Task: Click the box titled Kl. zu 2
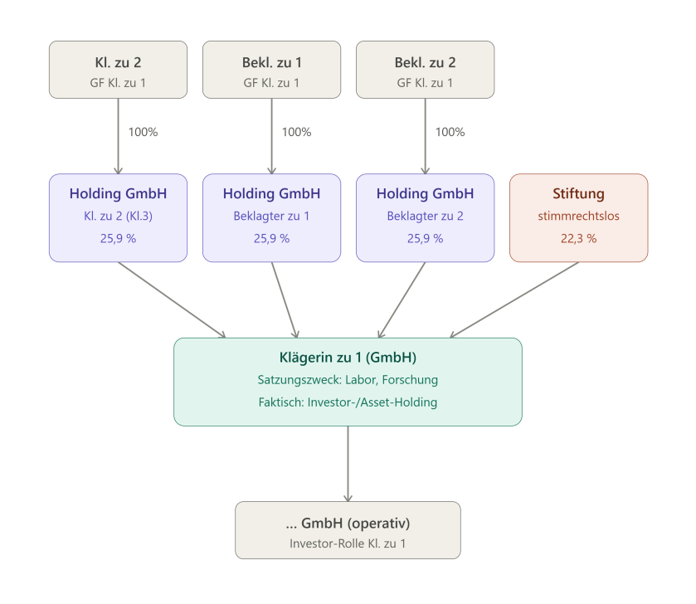click(x=118, y=70)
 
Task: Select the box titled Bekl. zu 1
click(x=271, y=70)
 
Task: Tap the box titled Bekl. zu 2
click(x=426, y=70)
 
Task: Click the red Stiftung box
click(x=579, y=218)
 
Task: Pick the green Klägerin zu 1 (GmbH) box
click(x=348, y=382)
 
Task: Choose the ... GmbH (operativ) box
click(x=348, y=530)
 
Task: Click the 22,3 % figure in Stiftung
click(x=579, y=239)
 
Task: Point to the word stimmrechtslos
click(x=579, y=216)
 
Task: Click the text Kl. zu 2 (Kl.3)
click(x=118, y=216)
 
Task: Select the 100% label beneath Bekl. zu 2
click(x=450, y=132)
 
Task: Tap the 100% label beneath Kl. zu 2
click(x=143, y=132)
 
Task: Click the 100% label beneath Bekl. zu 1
click(x=296, y=132)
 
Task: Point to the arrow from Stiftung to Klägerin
click(x=514, y=300)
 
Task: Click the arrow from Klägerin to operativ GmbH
click(x=348, y=464)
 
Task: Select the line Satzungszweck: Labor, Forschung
click(x=348, y=380)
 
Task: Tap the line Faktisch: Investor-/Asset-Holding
click(x=348, y=402)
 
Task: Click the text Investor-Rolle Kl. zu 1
click(x=348, y=543)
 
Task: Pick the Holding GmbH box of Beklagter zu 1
click(x=271, y=218)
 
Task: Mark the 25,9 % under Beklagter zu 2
click(x=426, y=239)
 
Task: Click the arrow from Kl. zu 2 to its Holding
click(x=118, y=136)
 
